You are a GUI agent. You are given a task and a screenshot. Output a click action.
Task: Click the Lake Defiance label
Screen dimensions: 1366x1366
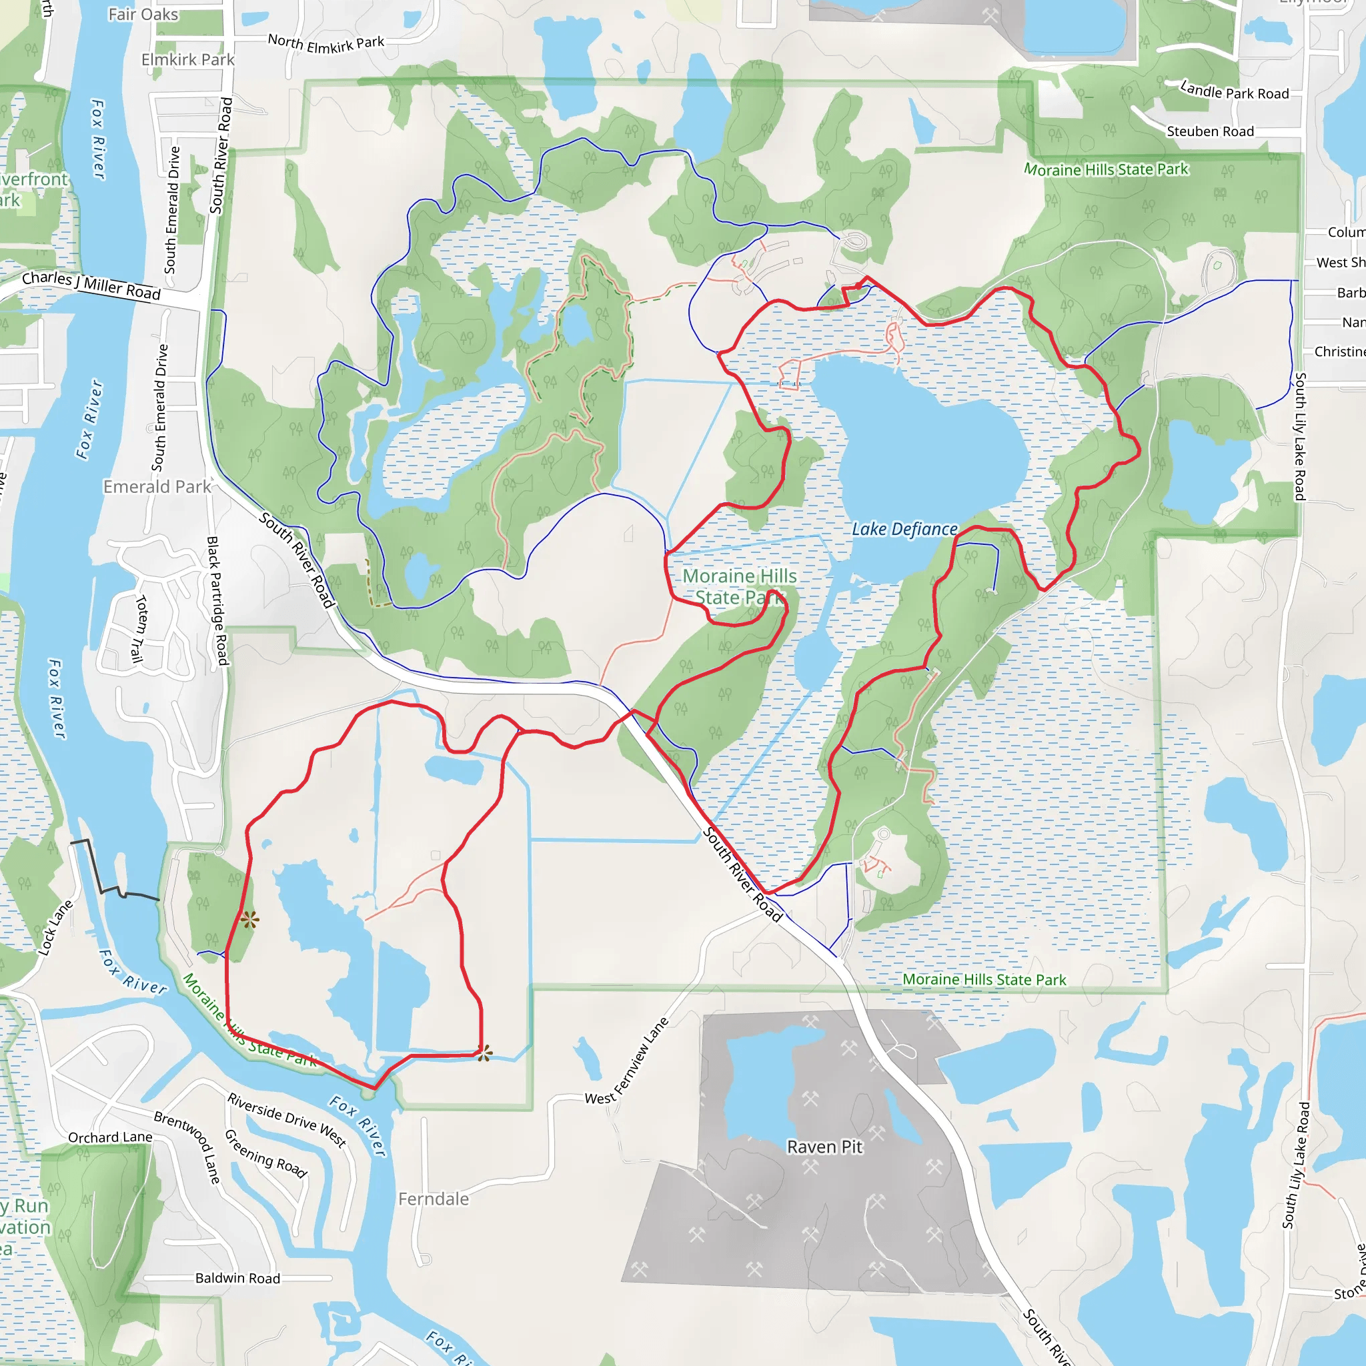tap(904, 529)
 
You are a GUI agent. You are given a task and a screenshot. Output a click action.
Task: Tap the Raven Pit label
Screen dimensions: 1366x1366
tap(824, 1147)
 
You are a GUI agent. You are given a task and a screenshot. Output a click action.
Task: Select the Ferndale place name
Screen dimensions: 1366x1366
tap(434, 1199)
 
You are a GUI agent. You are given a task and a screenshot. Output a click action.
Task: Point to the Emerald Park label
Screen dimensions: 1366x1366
tap(157, 486)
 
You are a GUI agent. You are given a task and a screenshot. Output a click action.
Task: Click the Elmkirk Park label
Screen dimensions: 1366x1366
tap(187, 59)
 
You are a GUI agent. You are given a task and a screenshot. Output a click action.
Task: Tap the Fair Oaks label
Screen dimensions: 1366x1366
tap(143, 14)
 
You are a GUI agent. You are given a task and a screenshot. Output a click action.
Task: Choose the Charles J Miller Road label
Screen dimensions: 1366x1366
tap(91, 285)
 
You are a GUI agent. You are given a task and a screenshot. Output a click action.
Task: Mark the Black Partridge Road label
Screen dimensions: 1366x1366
tap(217, 600)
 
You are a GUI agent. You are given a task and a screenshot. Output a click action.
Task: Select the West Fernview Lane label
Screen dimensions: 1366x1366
tap(627, 1061)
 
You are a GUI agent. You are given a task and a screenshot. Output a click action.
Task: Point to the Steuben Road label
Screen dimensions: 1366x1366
tap(1210, 131)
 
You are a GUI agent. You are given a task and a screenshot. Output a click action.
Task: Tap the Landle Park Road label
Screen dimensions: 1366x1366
tap(1235, 91)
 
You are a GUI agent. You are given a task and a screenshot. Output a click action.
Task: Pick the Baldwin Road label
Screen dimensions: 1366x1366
tap(237, 1279)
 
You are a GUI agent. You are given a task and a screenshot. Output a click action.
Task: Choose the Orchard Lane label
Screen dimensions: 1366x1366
tap(110, 1138)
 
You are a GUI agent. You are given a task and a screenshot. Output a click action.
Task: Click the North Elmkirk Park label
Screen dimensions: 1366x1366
tap(326, 44)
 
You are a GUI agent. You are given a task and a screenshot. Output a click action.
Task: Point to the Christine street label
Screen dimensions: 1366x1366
tap(1339, 352)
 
